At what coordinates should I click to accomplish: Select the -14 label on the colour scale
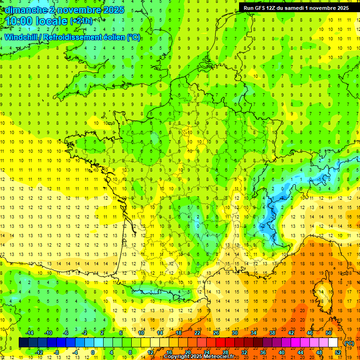coord(30,333)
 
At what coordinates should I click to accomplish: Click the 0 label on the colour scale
coord(92,352)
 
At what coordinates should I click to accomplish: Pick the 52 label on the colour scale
coord(338,352)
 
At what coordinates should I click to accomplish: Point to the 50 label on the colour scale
coord(328,333)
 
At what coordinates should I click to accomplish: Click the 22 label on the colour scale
coord(197,333)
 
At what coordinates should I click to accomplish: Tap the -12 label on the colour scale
coord(39,352)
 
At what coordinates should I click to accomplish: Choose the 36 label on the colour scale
coord(262,352)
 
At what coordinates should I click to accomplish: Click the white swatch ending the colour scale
coord(333,343)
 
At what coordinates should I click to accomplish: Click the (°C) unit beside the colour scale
coord(349,343)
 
